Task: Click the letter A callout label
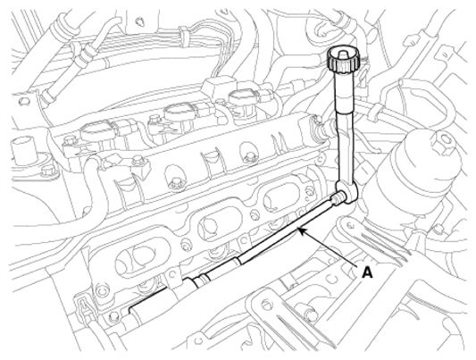pos(367,272)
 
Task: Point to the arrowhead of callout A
pos(302,231)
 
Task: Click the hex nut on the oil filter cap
pos(444,139)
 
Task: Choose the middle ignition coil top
pos(180,111)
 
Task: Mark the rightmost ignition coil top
pos(243,98)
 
